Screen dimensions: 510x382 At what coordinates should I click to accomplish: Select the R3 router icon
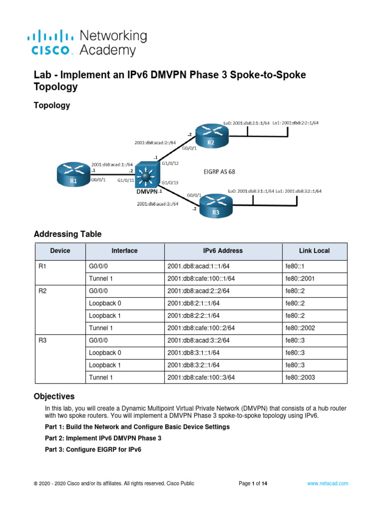pyautogui.click(x=216, y=205)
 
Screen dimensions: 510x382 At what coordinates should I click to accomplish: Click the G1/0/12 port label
pyautogui.click(x=169, y=163)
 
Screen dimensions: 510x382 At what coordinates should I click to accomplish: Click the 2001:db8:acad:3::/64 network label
pyautogui.click(x=158, y=203)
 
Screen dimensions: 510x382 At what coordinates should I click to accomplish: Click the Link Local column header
pyautogui.click(x=314, y=251)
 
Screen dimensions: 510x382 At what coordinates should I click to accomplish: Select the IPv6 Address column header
pyautogui.click(x=223, y=251)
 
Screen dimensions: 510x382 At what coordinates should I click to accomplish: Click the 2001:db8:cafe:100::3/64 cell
pyautogui.click(x=201, y=378)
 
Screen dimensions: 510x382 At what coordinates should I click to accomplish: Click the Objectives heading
pyautogui.click(x=54, y=396)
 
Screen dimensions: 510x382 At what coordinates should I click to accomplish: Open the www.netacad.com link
pyautogui.click(x=327, y=483)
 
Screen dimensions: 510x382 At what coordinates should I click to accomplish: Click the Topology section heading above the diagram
pyautogui.click(x=51, y=105)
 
